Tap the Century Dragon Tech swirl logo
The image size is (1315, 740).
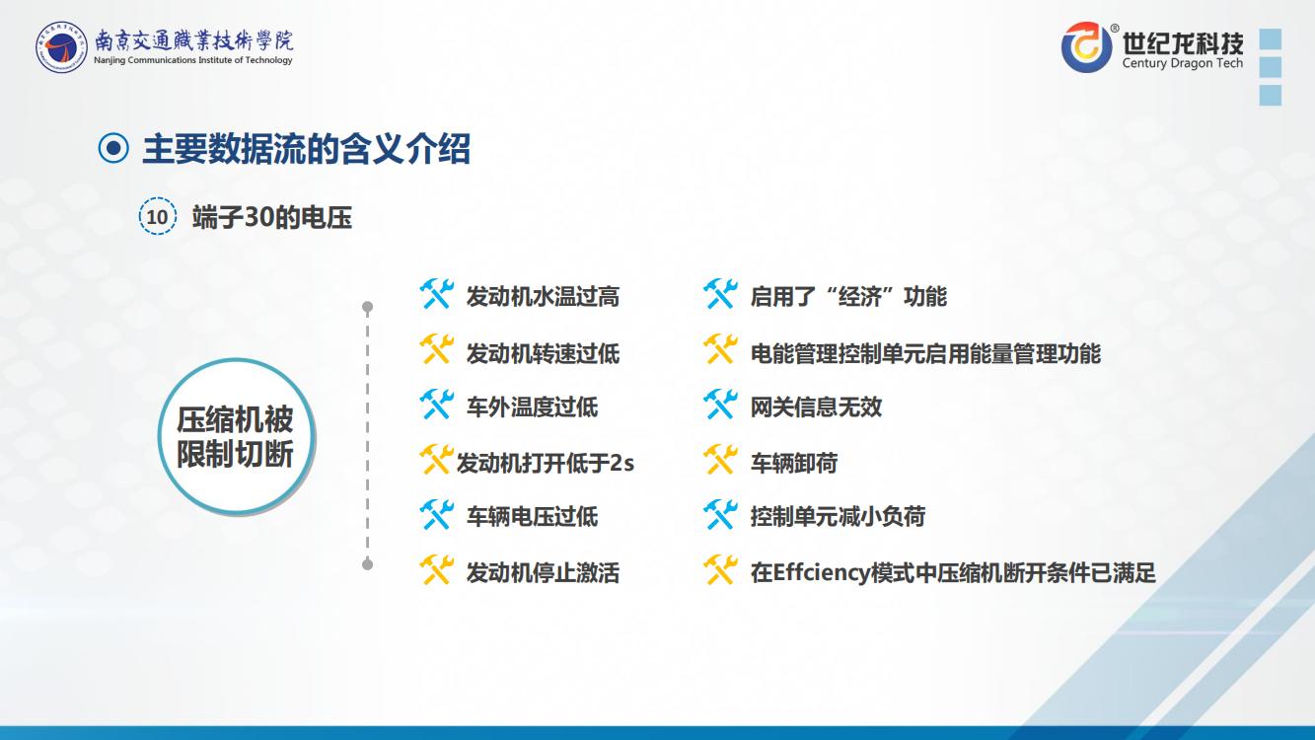(x=1086, y=47)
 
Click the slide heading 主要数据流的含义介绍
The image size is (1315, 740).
(x=306, y=149)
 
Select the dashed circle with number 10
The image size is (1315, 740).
(x=157, y=216)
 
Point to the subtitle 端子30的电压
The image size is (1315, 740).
(x=272, y=217)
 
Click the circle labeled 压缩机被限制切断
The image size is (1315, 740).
(x=236, y=436)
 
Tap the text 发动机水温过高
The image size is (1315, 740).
(x=543, y=297)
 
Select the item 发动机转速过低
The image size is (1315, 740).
(x=543, y=353)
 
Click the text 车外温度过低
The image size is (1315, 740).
(x=532, y=407)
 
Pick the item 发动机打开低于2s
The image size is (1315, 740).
(x=546, y=463)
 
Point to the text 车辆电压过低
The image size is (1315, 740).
(x=532, y=517)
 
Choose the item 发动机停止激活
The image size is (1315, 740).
(x=543, y=572)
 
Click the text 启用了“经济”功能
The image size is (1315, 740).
(x=848, y=297)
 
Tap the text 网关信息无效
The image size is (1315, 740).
(x=816, y=407)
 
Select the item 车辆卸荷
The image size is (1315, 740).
(x=794, y=463)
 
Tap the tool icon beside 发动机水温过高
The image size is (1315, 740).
(x=437, y=294)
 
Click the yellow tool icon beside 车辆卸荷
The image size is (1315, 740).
(x=720, y=460)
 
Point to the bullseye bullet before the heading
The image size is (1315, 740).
(x=113, y=148)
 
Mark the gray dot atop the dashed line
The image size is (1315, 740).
(x=368, y=307)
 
